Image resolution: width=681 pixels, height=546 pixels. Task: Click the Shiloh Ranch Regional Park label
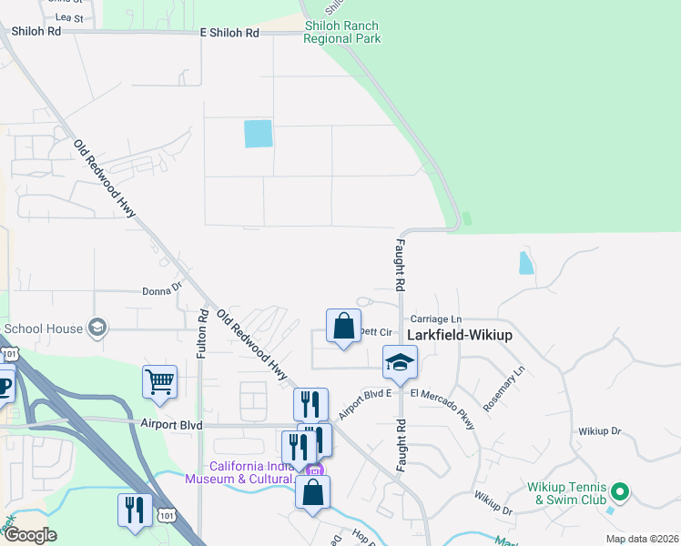click(341, 33)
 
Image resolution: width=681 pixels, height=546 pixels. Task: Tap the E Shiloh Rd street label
click(229, 33)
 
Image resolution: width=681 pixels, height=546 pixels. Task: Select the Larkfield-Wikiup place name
click(460, 335)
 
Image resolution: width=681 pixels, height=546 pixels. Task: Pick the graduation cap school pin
click(400, 361)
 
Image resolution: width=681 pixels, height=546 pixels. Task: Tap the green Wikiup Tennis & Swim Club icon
click(621, 491)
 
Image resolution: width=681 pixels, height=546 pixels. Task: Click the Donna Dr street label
click(163, 291)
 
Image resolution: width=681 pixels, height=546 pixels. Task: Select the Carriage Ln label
click(436, 319)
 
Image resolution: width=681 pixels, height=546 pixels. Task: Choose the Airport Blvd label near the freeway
click(171, 424)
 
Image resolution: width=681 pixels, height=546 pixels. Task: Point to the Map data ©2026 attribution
click(642, 539)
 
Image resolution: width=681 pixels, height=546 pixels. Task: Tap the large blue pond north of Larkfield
click(259, 134)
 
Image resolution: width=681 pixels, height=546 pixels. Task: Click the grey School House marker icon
click(97, 328)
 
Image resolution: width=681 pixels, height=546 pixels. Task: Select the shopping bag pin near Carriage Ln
click(343, 326)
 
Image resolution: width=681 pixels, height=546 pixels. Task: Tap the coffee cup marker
click(5, 386)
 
